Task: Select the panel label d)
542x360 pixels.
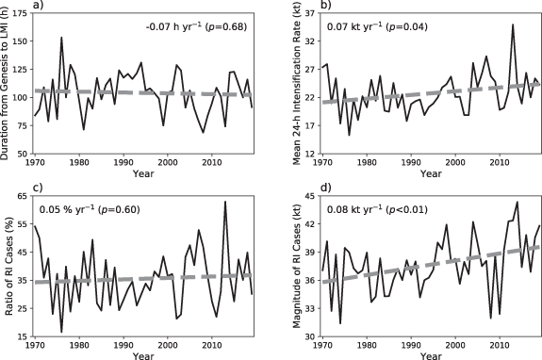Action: [326, 197]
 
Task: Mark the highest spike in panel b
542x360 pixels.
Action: [513, 25]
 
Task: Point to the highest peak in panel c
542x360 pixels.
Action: [225, 202]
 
